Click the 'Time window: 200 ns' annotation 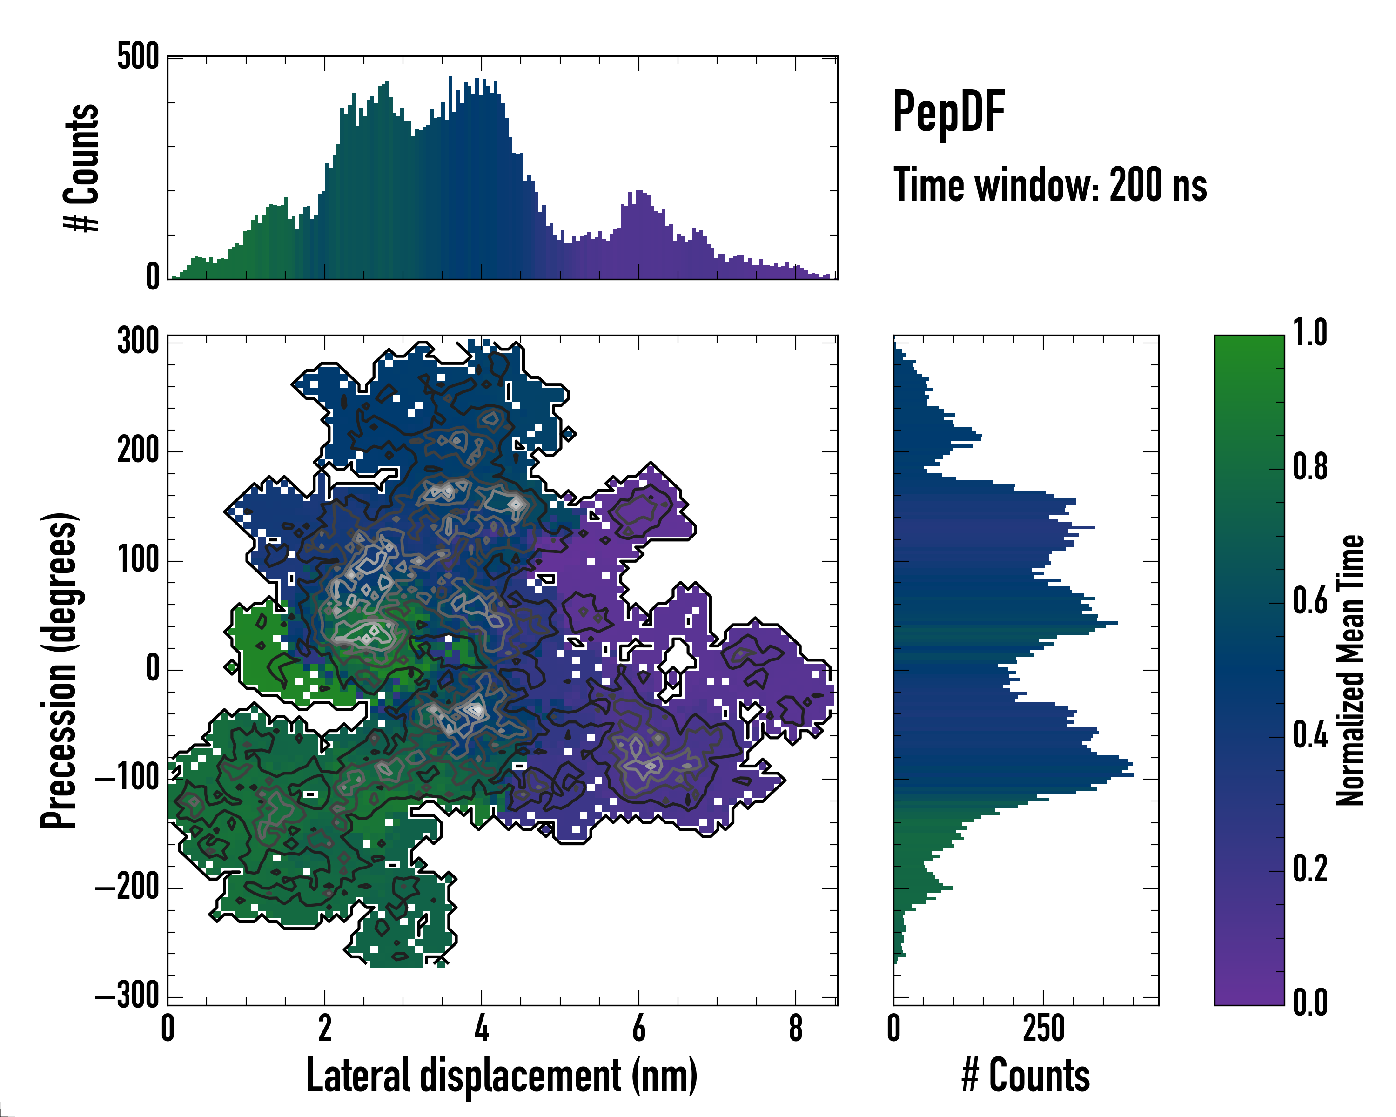pyautogui.click(x=1050, y=185)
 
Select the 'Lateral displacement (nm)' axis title pyautogui.click(x=502, y=1076)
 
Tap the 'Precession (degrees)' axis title pyautogui.click(x=60, y=670)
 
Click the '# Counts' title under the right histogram pyautogui.click(x=1026, y=1076)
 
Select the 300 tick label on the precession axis pyautogui.click(x=139, y=341)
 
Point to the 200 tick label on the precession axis pyautogui.click(x=139, y=451)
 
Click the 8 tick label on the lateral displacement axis pyautogui.click(x=796, y=1028)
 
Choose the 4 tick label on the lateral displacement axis pyautogui.click(x=482, y=1028)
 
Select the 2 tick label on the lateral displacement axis pyautogui.click(x=324, y=1028)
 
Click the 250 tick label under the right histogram pyautogui.click(x=1043, y=1028)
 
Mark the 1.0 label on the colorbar pyautogui.click(x=1310, y=334)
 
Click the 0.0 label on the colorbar pyautogui.click(x=1310, y=1003)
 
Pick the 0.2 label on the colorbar pyautogui.click(x=1310, y=869)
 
